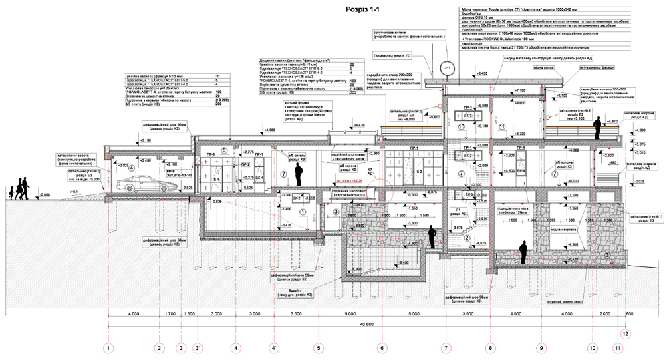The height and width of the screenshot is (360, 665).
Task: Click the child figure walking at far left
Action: (11, 192)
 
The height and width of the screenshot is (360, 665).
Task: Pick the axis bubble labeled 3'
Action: (198, 347)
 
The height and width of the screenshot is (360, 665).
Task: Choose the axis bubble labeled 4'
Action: (274, 347)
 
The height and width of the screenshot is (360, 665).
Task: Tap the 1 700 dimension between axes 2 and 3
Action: (169, 312)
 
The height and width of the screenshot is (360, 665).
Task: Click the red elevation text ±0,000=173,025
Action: (349, 180)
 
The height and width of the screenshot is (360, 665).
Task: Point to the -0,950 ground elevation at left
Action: (45, 194)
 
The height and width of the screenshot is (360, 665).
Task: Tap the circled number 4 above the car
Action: (132, 168)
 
